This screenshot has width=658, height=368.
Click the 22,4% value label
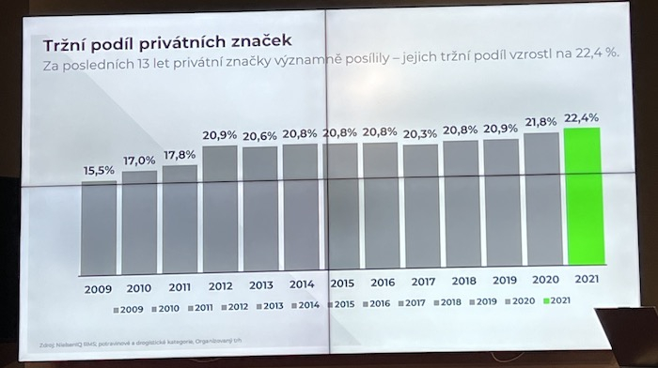pyautogui.click(x=582, y=117)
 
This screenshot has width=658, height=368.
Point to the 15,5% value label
pyautogui.click(x=98, y=170)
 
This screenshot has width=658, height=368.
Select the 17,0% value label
pyautogui.click(x=138, y=161)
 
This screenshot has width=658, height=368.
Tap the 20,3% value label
pyautogui.click(x=420, y=134)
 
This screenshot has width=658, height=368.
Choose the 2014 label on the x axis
pyautogui.click(x=301, y=284)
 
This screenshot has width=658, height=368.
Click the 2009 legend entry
pyautogui.click(x=128, y=307)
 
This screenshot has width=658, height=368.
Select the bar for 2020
pyautogui.click(x=541, y=204)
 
